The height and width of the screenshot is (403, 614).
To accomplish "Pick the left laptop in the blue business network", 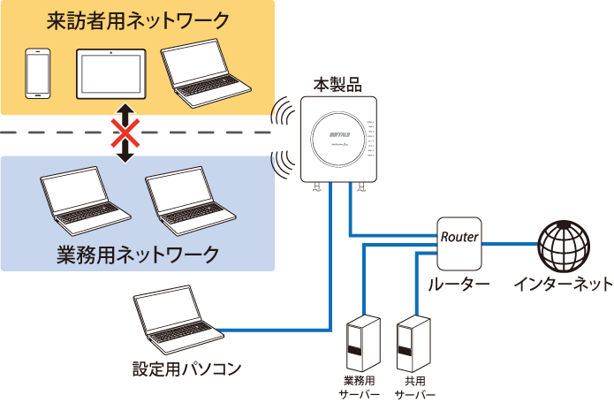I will click(87, 199).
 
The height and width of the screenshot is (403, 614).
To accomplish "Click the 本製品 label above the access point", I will click(337, 86).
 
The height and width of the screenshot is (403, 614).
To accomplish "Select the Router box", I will click(459, 240).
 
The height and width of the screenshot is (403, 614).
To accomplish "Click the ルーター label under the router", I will click(459, 285).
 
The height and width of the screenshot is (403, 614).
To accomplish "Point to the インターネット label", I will click(563, 285).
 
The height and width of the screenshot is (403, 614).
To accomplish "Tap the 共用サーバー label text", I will click(414, 389).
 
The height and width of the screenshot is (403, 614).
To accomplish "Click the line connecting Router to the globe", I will click(511, 240).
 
